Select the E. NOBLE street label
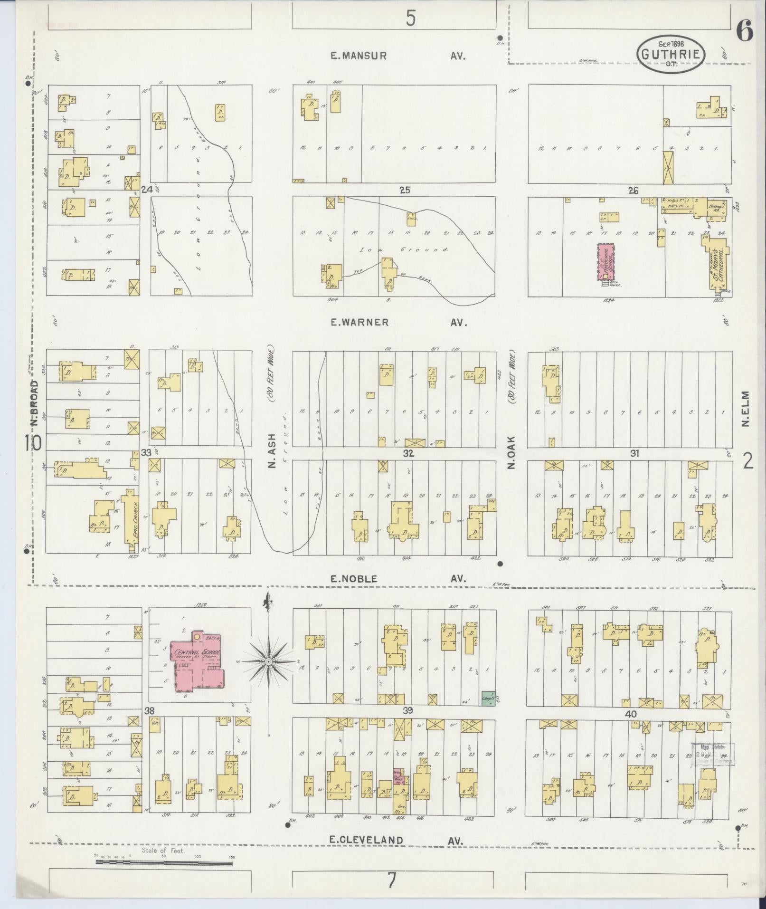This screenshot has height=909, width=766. [x=354, y=579]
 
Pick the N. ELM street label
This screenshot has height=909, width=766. [x=746, y=409]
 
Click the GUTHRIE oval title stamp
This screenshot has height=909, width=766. [x=671, y=55]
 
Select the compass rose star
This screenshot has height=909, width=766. [x=268, y=661]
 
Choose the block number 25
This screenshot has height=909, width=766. [x=405, y=191]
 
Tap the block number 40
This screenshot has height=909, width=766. [x=630, y=714]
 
